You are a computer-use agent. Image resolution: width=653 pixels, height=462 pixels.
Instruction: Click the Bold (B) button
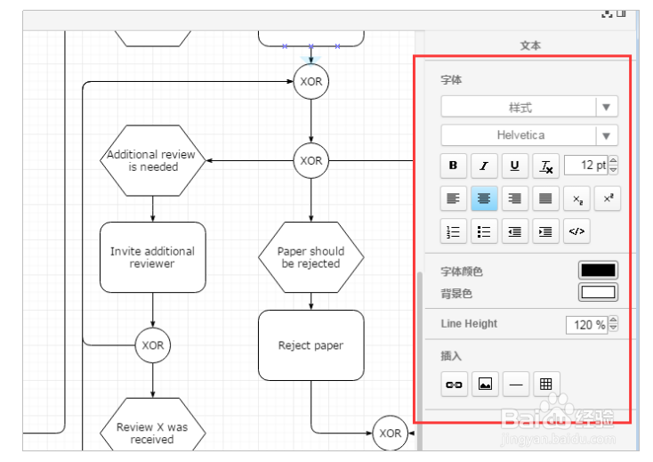(x=454, y=166)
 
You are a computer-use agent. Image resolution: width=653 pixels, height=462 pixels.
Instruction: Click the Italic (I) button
(x=484, y=166)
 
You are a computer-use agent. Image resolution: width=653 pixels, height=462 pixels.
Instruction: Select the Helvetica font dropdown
(x=529, y=135)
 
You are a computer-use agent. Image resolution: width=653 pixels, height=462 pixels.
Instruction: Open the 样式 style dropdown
(x=529, y=108)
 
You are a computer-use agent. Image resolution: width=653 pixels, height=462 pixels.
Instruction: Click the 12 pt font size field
(x=585, y=166)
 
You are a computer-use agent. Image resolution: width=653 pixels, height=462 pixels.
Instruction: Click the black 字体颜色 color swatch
(x=598, y=271)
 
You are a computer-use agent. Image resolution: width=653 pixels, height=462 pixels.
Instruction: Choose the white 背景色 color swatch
(x=598, y=292)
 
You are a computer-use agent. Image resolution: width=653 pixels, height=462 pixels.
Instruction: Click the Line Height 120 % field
(x=587, y=325)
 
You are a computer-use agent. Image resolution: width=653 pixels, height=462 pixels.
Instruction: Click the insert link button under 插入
(x=454, y=385)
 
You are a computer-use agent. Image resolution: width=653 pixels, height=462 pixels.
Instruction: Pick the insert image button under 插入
(x=484, y=385)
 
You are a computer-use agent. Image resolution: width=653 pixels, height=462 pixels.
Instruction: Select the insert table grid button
(x=545, y=385)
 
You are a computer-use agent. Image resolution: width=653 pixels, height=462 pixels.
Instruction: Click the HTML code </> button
(x=576, y=231)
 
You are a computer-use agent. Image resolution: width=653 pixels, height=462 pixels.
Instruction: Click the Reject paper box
(x=310, y=345)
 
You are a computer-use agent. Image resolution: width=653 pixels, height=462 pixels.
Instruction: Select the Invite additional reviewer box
(x=153, y=257)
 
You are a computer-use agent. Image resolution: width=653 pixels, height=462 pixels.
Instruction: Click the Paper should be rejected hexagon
(x=310, y=257)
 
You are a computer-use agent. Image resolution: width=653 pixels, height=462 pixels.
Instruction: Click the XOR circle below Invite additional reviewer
(x=153, y=345)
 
